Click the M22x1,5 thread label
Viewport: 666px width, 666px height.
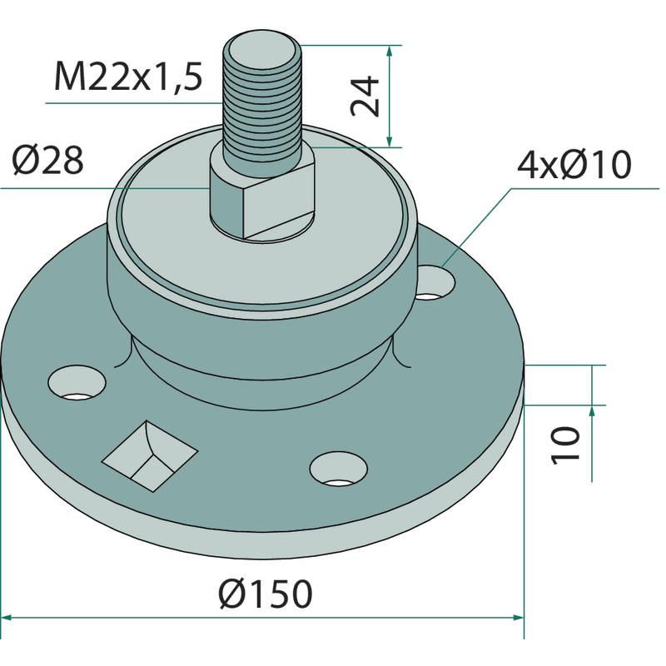coord(128,76)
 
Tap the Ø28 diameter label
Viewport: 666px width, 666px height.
coord(47,161)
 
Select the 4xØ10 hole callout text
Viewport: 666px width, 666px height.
coord(574,164)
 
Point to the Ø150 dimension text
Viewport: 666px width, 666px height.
coord(266,594)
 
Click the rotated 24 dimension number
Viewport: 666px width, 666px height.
coord(365,96)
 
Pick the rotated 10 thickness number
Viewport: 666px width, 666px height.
coord(565,446)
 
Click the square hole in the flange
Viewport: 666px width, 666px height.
coord(150,456)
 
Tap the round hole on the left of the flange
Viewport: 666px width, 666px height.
coord(77,384)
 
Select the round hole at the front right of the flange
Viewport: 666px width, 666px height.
coord(339,469)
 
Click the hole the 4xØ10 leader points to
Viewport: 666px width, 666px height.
coord(435,282)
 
